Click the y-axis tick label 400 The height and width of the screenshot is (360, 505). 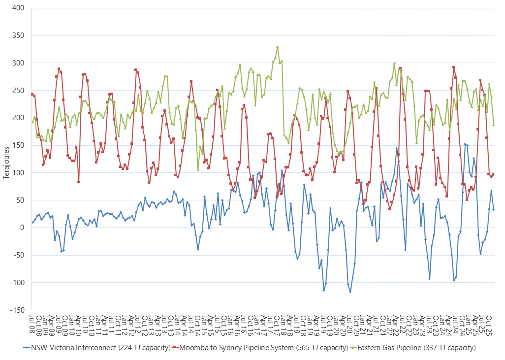(19, 8)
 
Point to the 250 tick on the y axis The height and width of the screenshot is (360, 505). (19, 91)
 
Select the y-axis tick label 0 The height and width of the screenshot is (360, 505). (23, 228)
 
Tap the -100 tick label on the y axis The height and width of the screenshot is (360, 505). (17, 283)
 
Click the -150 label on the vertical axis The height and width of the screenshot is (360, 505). (17, 310)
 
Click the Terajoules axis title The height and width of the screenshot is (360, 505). (6, 159)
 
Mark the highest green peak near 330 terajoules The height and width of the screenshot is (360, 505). (278, 47)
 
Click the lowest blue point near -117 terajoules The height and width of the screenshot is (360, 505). (350, 292)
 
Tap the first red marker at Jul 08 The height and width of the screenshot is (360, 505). (32, 94)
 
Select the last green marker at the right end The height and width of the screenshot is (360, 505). (493, 125)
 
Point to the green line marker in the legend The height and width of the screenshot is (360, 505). (353, 348)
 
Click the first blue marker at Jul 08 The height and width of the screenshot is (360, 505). (32, 222)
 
